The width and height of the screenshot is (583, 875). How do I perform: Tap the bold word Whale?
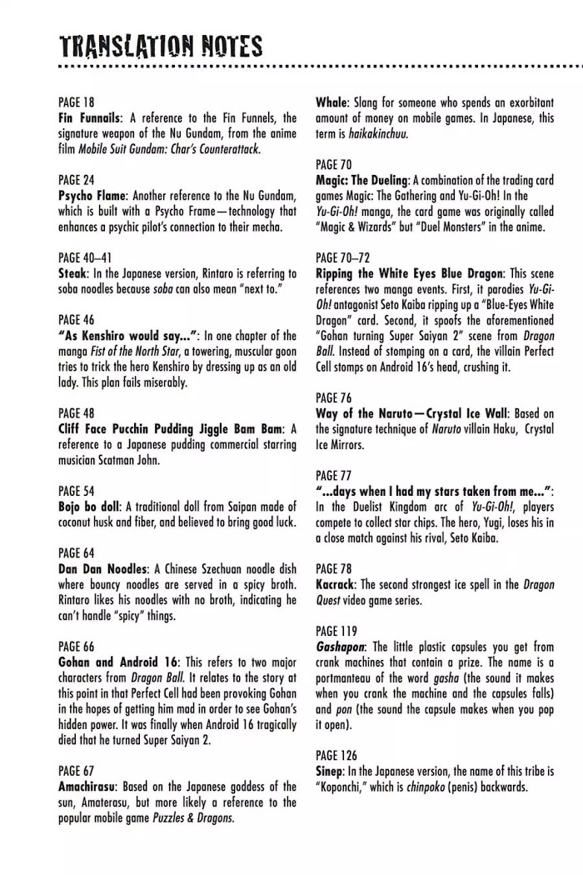tap(331, 102)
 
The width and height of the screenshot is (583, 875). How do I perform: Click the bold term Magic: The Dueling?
tap(361, 180)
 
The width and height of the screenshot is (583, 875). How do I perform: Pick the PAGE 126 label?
tap(336, 755)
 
